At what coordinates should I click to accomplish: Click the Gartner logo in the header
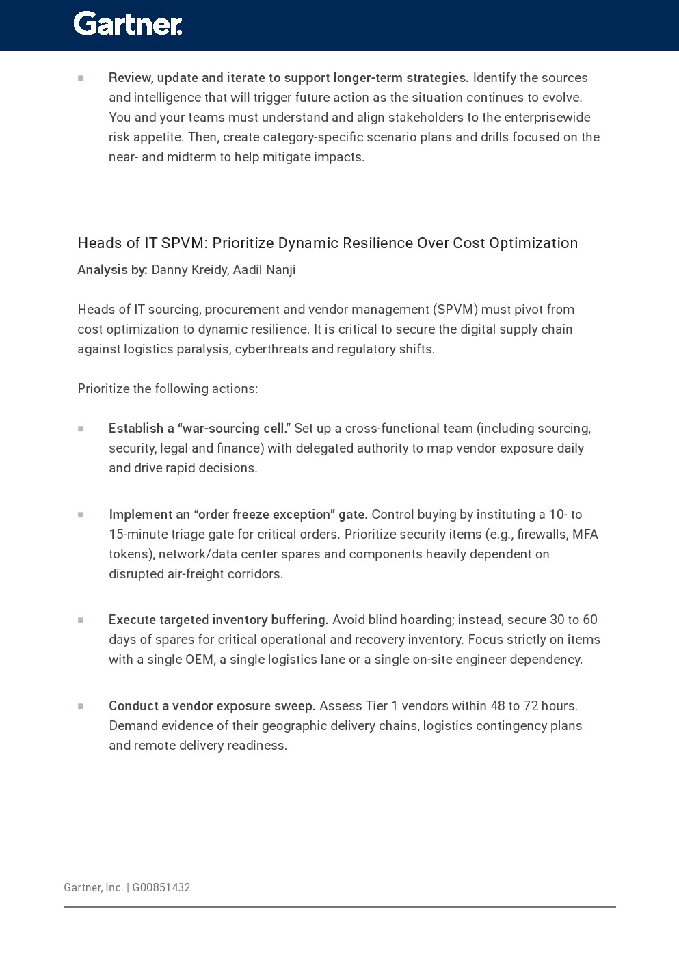[x=128, y=24]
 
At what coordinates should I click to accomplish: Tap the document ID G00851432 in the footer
[x=161, y=887]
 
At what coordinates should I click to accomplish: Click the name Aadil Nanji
[x=265, y=270]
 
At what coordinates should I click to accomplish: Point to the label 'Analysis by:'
[x=112, y=270]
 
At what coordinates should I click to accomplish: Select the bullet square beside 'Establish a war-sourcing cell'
[x=81, y=429]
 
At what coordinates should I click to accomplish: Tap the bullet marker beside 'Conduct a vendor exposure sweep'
[x=81, y=706]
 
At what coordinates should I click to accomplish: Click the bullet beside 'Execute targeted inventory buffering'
[x=81, y=620]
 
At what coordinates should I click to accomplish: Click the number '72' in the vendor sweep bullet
[x=531, y=706]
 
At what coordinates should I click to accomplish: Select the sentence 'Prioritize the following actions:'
[x=168, y=389]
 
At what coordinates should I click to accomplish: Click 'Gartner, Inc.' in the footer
[x=93, y=887]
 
